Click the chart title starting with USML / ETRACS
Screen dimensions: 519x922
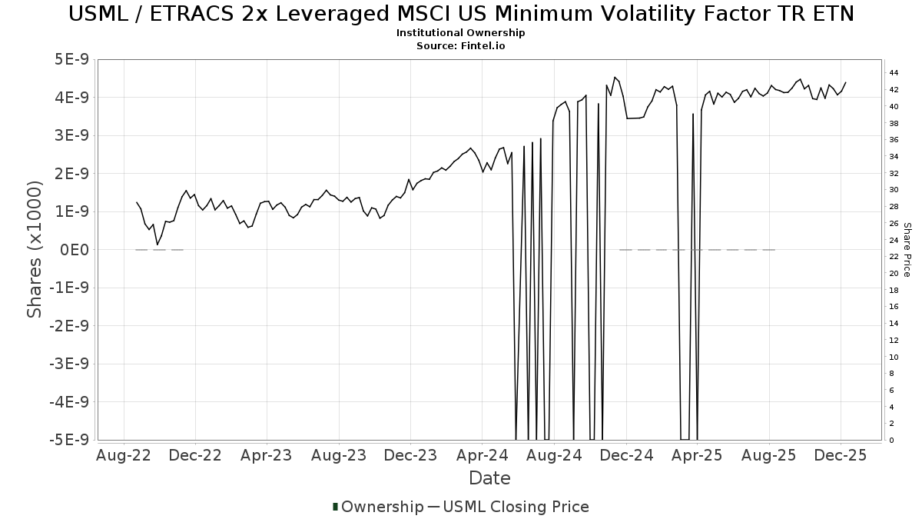pos(461,14)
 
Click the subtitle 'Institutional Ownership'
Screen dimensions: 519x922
pos(461,33)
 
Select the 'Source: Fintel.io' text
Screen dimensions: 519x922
pos(461,46)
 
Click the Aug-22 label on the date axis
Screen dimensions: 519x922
pos(124,456)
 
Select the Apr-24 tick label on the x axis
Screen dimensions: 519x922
pos(482,456)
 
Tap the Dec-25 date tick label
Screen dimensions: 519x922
pos(841,456)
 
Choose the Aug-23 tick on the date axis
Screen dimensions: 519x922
pos(339,456)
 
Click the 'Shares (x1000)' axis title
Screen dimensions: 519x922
pos(35,250)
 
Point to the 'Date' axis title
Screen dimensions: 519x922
pos(489,478)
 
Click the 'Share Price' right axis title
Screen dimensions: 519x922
pos(907,250)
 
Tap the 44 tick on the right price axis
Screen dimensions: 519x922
pos(894,73)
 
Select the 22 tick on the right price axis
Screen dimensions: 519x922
pos(894,257)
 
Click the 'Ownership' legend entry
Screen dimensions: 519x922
pos(382,507)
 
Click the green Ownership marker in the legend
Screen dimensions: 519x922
pos(335,507)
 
